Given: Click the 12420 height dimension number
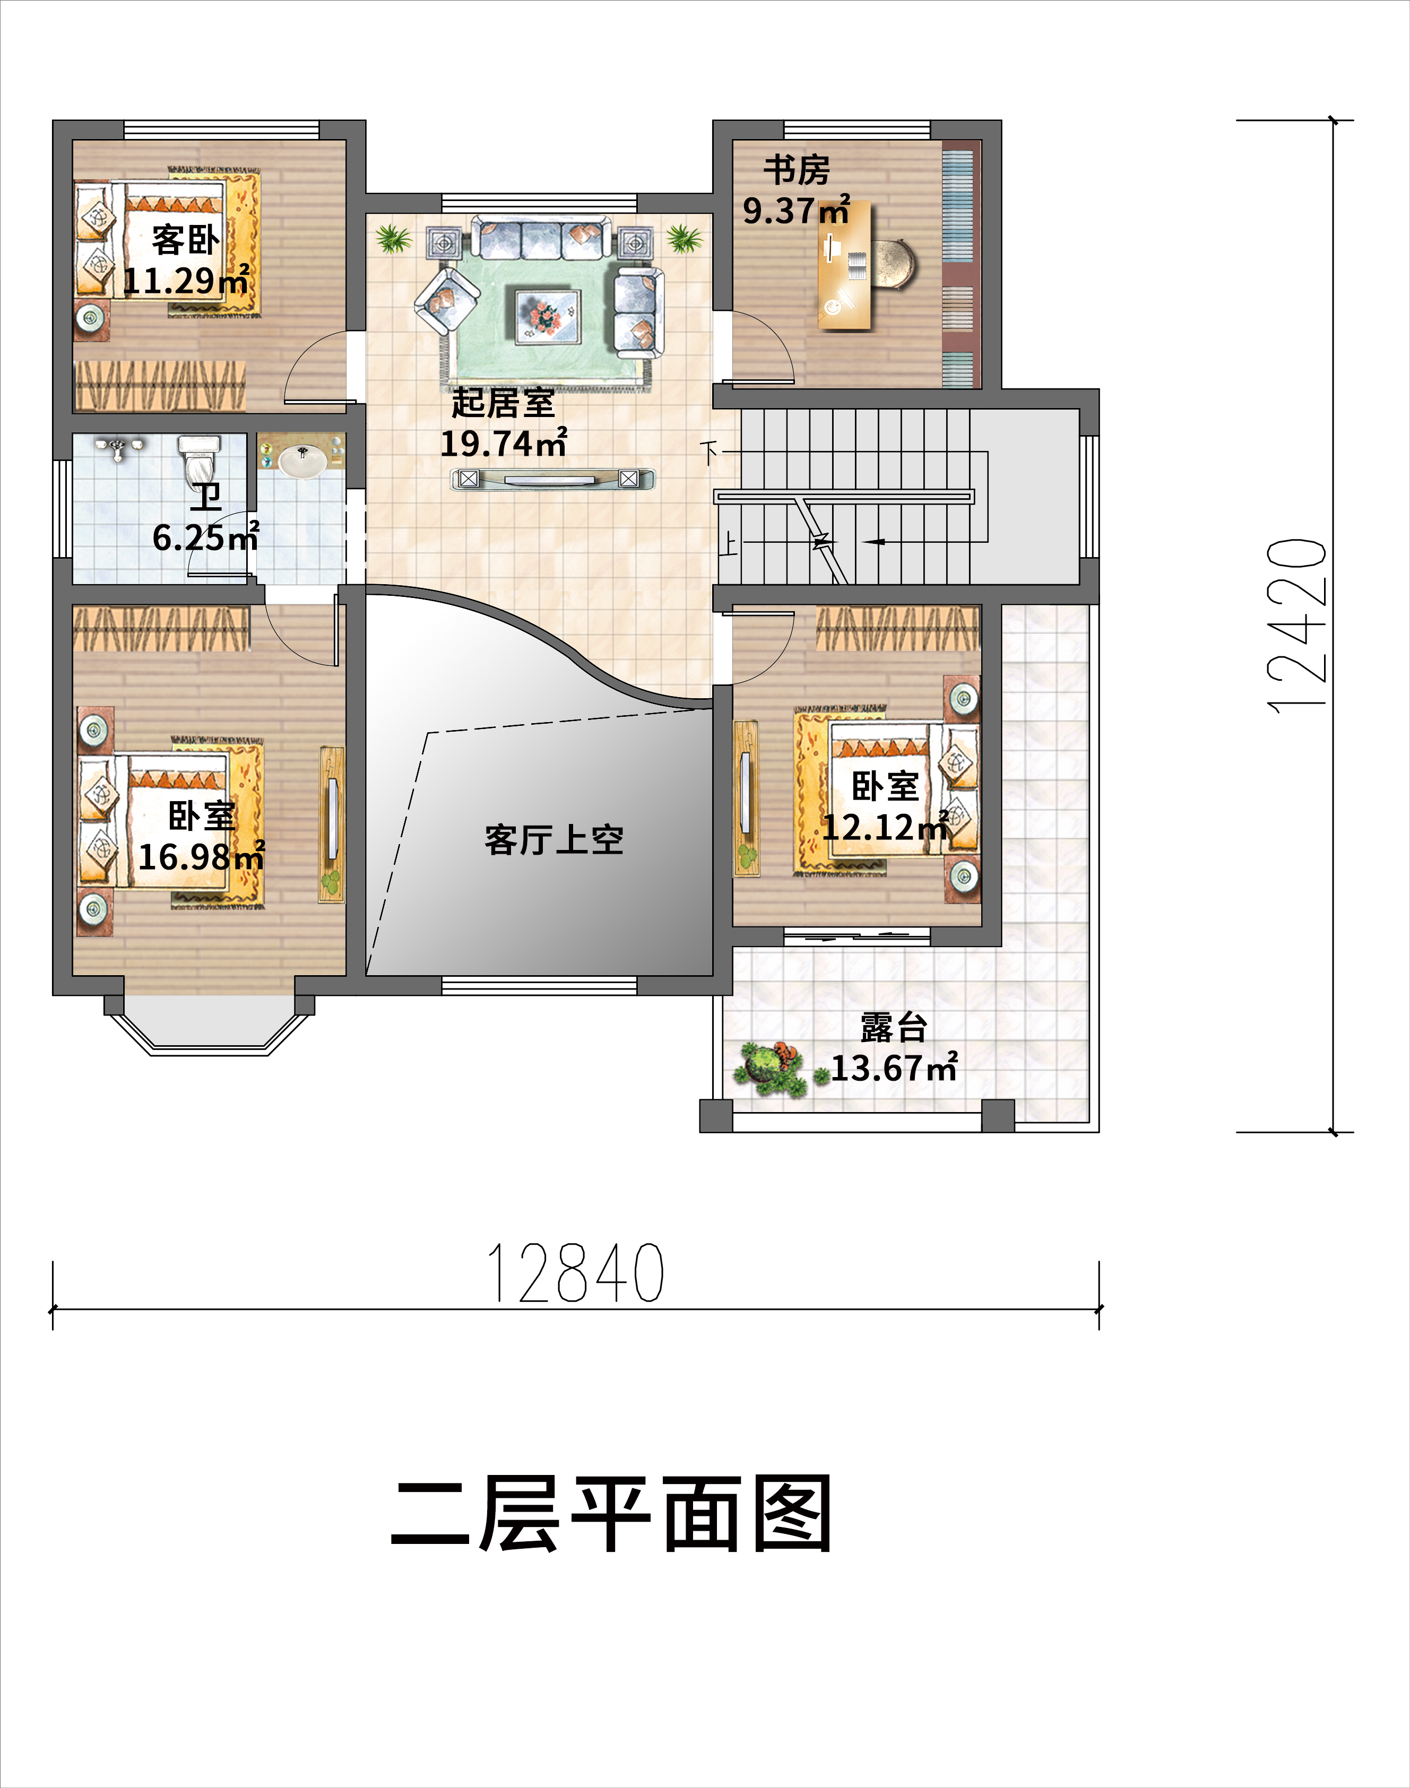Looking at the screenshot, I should coord(1297,626).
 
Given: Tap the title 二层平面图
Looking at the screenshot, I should coord(611,1513).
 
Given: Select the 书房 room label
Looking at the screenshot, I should coord(796,170).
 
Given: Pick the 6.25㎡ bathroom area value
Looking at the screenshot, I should coord(205,537).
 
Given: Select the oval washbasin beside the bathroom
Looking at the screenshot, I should coord(301,462).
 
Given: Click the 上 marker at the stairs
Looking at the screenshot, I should coord(729,545).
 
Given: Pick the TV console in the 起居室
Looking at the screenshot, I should coord(551,479).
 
